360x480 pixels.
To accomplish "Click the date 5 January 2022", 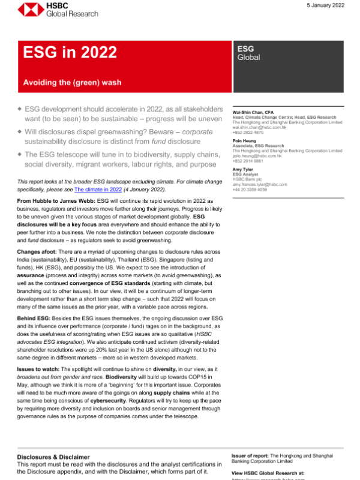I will click(x=322, y=6).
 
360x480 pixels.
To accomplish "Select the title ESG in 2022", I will click(x=70, y=53).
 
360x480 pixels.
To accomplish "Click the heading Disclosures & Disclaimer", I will click(x=53, y=457).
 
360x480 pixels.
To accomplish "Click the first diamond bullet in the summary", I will click(x=19, y=112).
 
